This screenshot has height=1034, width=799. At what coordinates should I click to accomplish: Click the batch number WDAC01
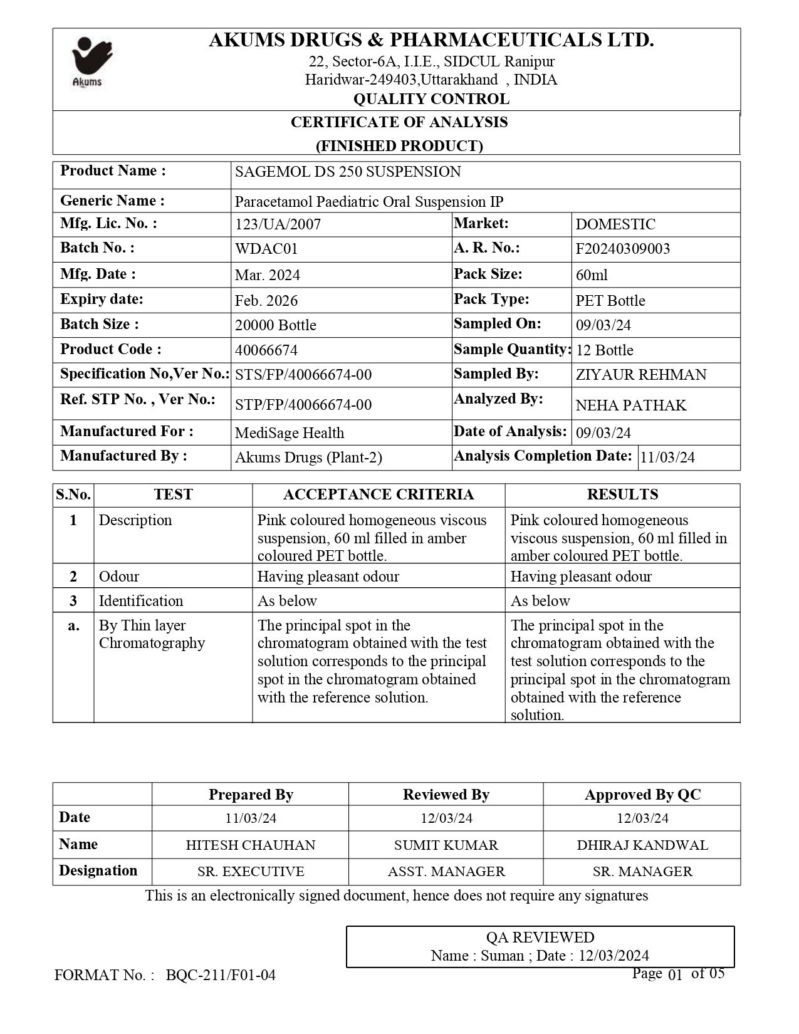pos(266,249)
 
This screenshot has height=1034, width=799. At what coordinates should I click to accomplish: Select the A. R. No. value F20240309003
pos(622,249)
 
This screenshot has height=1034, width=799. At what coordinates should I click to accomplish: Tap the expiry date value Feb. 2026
pos(266,300)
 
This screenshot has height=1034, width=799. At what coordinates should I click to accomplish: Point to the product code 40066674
pos(266,350)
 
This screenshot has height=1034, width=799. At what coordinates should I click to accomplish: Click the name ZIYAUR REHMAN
pos(640,375)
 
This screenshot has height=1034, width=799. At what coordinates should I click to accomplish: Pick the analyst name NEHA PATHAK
pos(630,405)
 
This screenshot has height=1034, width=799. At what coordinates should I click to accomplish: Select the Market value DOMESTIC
pos(615,224)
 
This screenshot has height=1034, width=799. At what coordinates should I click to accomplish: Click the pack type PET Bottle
pos(610,300)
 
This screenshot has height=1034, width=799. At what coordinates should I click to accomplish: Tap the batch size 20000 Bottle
pos(275,325)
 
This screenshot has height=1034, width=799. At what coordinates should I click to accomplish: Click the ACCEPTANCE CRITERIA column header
pos(379,494)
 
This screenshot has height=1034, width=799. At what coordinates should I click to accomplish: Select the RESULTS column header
pos(622,494)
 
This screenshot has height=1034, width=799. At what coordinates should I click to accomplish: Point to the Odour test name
pos(119,577)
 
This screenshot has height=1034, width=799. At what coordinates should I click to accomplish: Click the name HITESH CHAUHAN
pos(251,845)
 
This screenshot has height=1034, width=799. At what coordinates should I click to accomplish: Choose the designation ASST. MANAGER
pos(446,872)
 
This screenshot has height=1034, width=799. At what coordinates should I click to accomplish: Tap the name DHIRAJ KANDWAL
pos(642,845)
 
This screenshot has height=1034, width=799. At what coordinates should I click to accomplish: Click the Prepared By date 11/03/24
pos(251,818)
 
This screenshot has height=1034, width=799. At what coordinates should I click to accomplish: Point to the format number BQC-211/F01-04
pos(221,975)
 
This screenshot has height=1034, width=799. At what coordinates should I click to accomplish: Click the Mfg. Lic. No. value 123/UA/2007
pos(277,224)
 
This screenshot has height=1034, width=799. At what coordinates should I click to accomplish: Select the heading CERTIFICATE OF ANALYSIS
pos(399,122)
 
